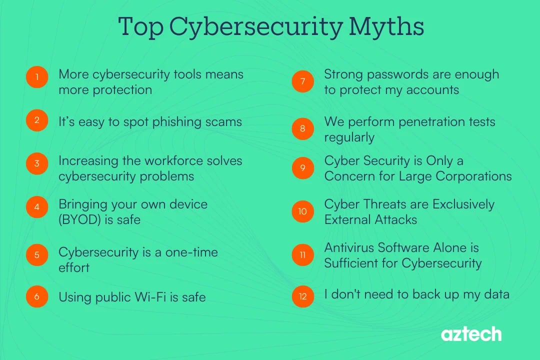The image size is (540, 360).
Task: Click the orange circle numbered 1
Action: coord(37,77)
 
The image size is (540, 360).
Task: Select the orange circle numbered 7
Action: coord(302,81)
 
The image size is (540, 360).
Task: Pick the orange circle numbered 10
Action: coord(302,211)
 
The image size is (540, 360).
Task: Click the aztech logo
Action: coord(471,334)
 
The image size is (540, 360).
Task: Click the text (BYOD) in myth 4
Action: coord(80,219)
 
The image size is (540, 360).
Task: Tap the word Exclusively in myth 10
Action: coord(463,204)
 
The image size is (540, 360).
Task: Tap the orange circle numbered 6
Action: coord(37,296)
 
